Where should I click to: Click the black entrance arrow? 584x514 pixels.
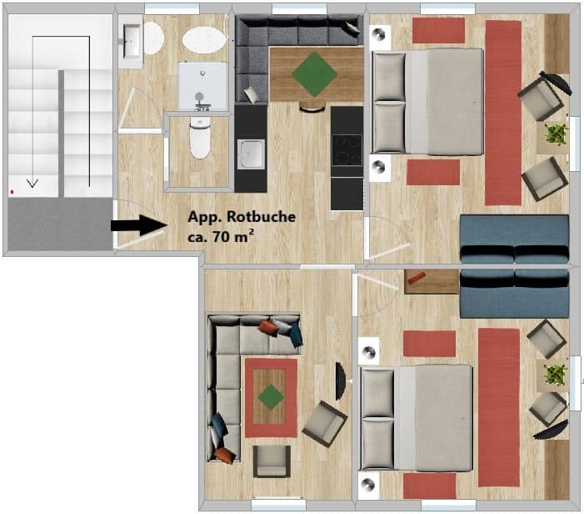tap(138, 225)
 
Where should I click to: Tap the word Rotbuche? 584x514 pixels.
tap(261, 217)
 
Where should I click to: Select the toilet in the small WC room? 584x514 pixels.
tap(200, 137)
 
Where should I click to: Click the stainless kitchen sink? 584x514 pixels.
tap(252, 154)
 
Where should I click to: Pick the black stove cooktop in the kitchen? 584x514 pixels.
tap(347, 150)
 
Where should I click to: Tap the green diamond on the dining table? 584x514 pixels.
tap(315, 74)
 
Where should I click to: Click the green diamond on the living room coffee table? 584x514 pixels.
tap(271, 397)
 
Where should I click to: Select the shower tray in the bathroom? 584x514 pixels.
tap(202, 86)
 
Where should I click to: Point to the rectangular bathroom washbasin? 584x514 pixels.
tap(130, 42)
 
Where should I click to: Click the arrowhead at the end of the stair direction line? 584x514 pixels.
tap(32, 183)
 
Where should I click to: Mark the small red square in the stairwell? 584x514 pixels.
tap(12, 192)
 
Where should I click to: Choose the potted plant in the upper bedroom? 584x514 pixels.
tap(557, 134)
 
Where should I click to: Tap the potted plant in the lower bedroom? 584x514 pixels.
tap(556, 375)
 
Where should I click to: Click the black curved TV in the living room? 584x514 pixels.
tap(341, 381)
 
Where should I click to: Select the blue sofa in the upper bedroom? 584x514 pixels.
tap(514, 239)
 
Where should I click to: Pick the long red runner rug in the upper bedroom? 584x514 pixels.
tap(503, 113)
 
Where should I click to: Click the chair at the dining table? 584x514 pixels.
tap(312, 108)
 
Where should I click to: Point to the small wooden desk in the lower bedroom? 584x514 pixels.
tap(432, 282)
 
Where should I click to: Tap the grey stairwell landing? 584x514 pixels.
tap(60, 224)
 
